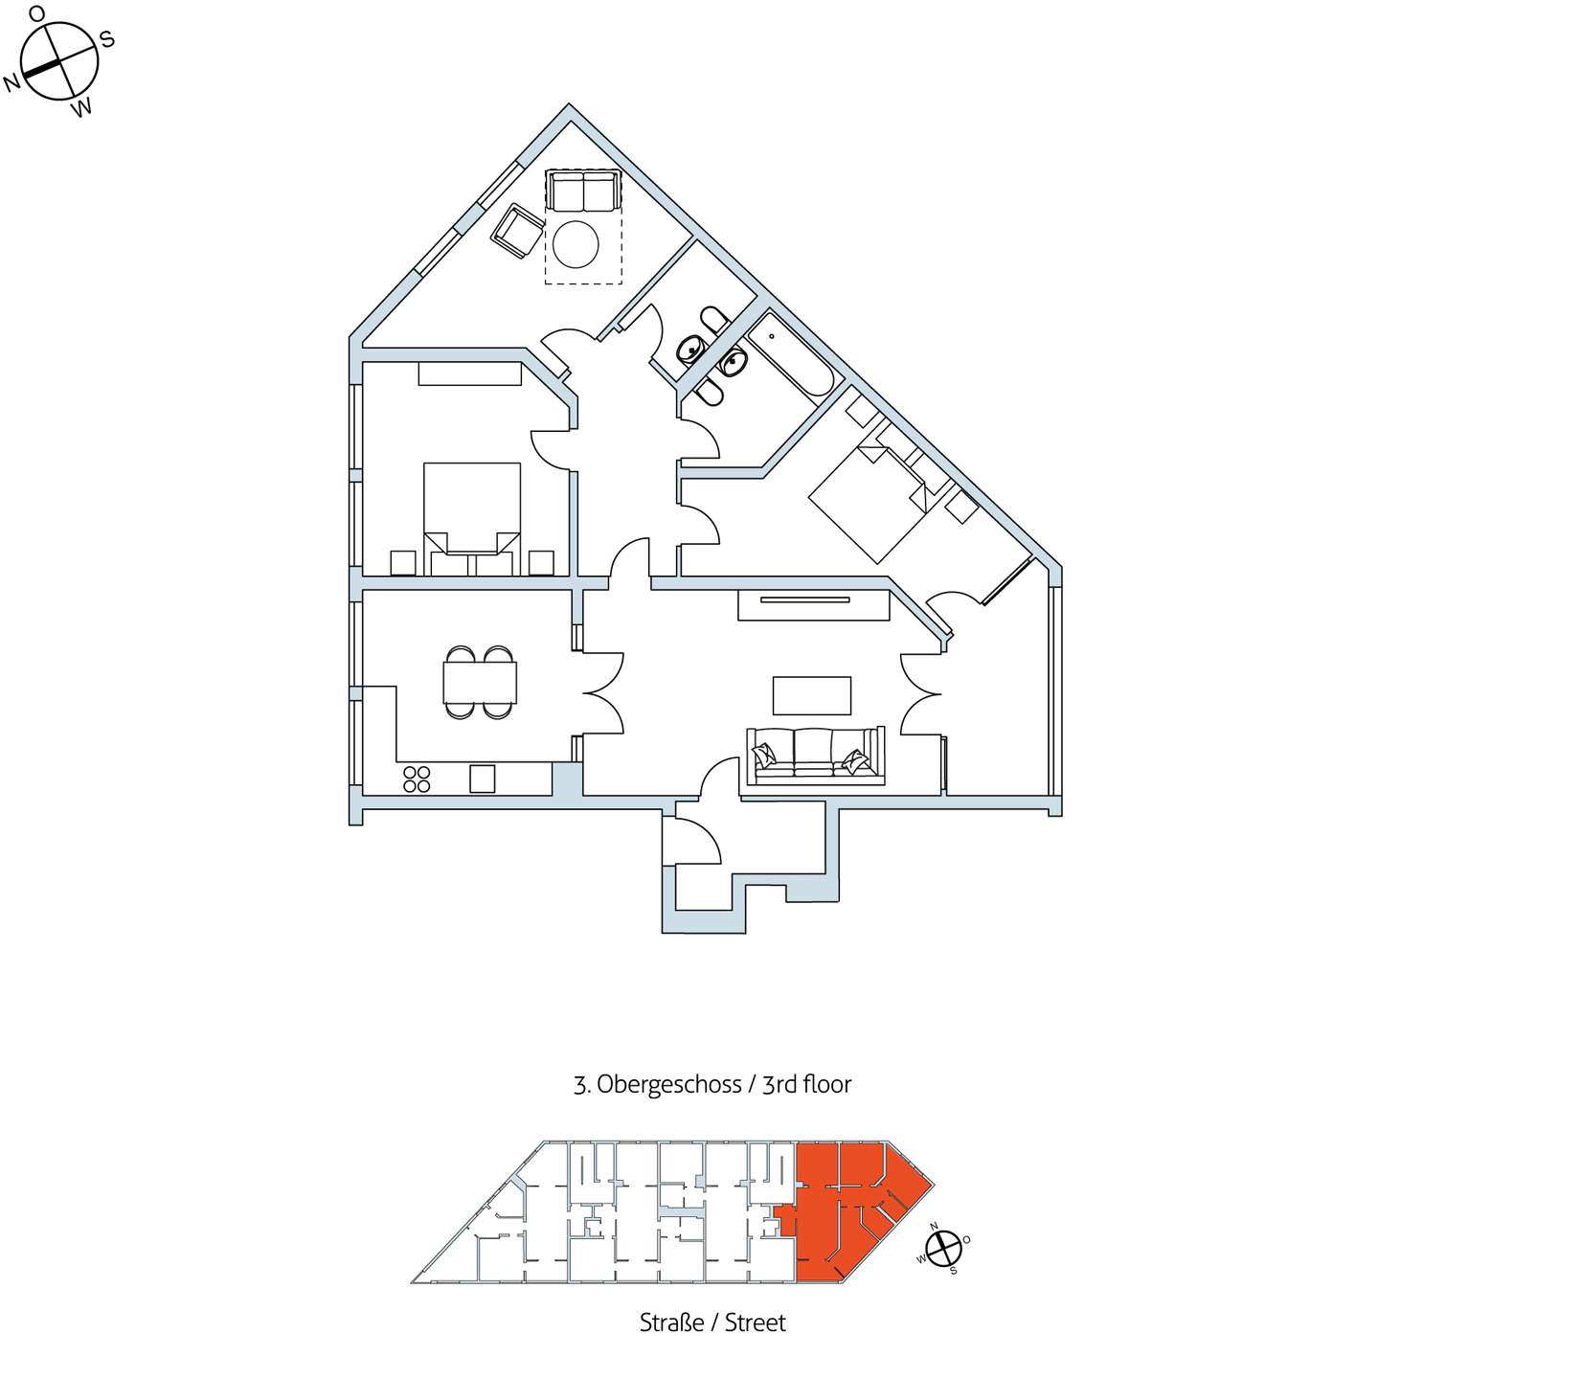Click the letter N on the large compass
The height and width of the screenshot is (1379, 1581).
tap(12, 83)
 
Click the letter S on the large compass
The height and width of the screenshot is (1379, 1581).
tap(107, 39)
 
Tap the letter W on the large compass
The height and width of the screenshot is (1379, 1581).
tap(82, 108)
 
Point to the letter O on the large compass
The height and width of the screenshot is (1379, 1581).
tap(37, 13)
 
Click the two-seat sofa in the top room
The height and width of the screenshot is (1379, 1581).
tap(583, 190)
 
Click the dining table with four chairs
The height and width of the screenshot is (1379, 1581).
tap(480, 682)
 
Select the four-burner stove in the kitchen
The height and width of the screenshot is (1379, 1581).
tap(417, 780)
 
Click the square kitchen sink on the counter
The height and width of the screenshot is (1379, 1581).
tap(482, 779)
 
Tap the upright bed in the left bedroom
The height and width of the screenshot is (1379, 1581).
tap(472, 518)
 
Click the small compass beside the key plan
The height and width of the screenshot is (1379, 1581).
tap(943, 1248)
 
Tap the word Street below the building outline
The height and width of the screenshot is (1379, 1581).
tap(756, 1322)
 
